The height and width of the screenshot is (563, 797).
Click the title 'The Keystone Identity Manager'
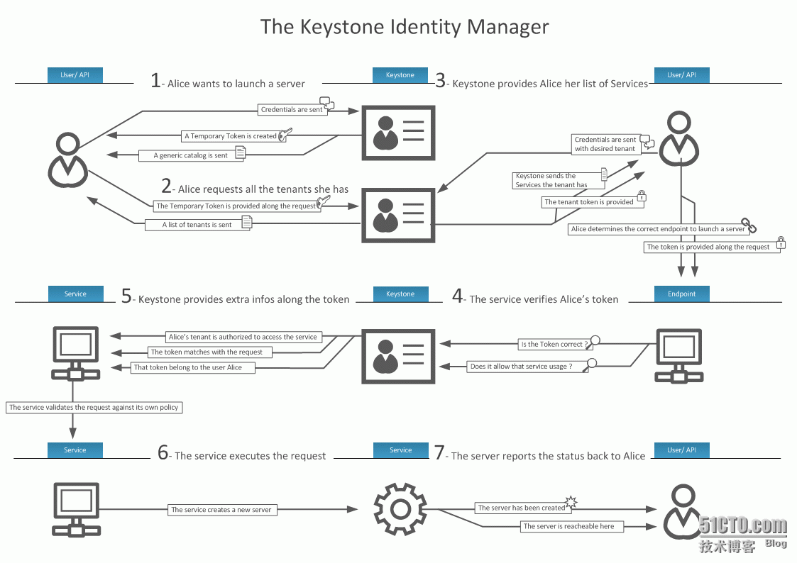click(x=404, y=27)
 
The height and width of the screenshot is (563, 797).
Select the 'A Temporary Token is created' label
click(x=231, y=136)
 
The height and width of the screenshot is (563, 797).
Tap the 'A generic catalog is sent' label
click(x=191, y=155)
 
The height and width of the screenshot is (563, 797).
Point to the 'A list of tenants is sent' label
click(x=197, y=225)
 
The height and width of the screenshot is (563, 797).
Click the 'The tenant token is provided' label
click(x=588, y=202)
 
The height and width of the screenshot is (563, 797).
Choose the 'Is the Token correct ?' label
click(x=554, y=345)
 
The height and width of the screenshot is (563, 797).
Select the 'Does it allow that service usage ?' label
click(x=521, y=367)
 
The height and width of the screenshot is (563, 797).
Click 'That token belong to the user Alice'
click(x=188, y=367)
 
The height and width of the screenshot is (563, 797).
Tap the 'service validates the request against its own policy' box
click(x=94, y=408)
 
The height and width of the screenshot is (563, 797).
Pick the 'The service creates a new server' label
click(x=221, y=509)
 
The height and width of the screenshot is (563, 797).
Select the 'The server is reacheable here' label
click(x=568, y=526)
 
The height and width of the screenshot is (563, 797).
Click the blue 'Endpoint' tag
click(x=682, y=294)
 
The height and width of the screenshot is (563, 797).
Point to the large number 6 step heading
click(x=163, y=454)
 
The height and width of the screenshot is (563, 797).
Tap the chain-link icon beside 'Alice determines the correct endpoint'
click(x=749, y=226)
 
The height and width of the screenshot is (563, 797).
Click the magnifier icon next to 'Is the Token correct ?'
click(x=596, y=340)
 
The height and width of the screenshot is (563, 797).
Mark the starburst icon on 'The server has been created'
click(x=571, y=503)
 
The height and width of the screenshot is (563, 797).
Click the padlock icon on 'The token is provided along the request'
click(x=781, y=243)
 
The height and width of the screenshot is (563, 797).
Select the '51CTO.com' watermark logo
click(x=742, y=526)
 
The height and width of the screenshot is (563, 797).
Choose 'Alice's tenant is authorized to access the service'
click(x=243, y=337)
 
